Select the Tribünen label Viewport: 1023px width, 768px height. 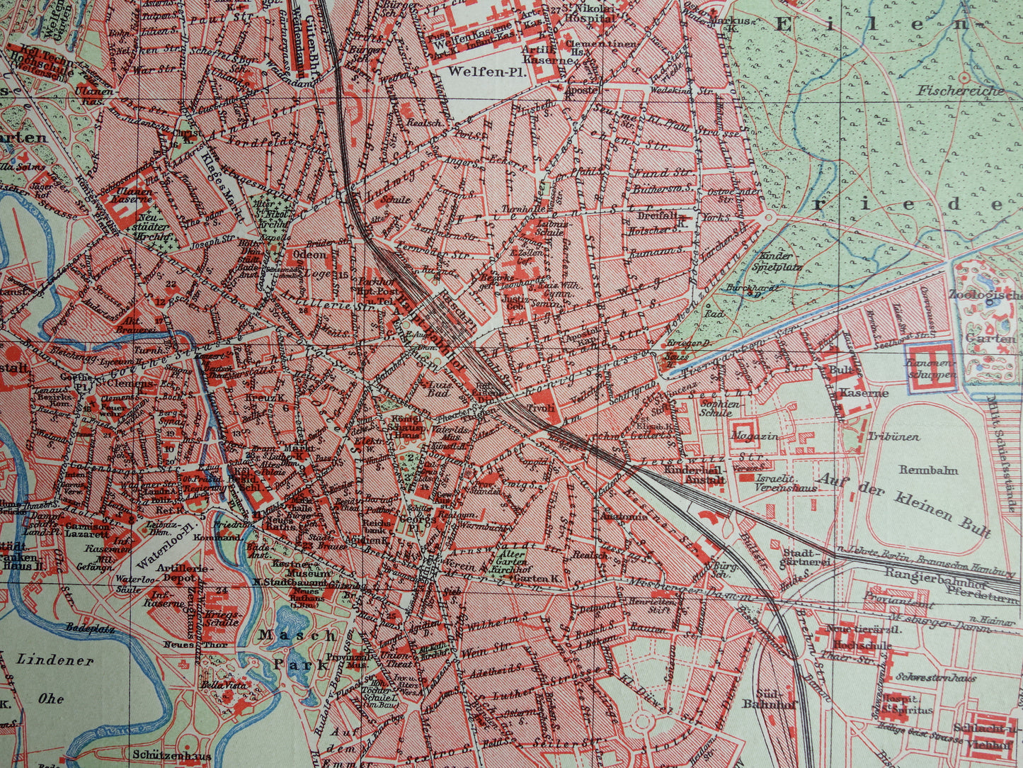pyautogui.click(x=894, y=437)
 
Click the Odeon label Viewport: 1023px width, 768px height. pyautogui.click(x=309, y=254)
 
